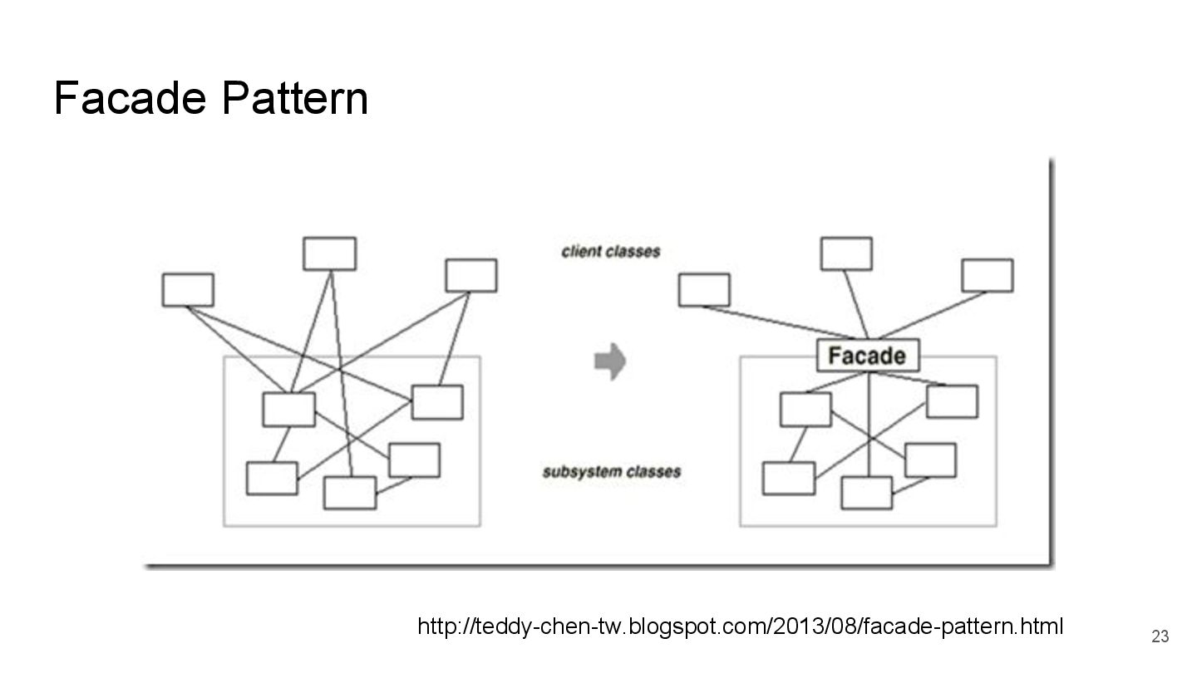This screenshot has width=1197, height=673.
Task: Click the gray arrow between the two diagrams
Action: tap(610, 361)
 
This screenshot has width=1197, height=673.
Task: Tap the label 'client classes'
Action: tap(611, 251)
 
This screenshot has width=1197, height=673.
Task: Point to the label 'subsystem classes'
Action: tap(612, 472)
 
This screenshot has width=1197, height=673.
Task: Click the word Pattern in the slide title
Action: tap(295, 98)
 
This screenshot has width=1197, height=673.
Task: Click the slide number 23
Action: tap(1160, 637)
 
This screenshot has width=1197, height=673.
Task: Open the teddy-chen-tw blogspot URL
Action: tap(740, 626)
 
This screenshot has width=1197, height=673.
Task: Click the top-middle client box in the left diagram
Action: tap(329, 253)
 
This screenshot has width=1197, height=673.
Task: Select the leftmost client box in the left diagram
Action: tap(188, 290)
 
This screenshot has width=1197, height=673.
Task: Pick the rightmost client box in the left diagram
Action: tap(471, 275)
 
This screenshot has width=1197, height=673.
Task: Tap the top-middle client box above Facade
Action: tap(846, 253)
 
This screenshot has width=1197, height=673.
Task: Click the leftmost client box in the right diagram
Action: tap(704, 290)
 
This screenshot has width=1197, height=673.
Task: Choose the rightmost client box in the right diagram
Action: tap(988, 275)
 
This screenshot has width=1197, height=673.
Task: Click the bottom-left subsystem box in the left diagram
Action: tap(272, 478)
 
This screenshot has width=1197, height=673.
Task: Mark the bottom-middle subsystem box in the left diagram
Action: tap(350, 493)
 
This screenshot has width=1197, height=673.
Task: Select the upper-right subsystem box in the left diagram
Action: tap(437, 402)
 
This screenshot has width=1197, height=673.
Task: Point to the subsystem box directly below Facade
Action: tap(866, 493)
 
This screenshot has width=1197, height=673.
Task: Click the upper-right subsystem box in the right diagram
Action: tap(952, 401)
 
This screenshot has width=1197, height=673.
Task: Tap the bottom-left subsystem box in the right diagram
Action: tap(789, 478)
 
